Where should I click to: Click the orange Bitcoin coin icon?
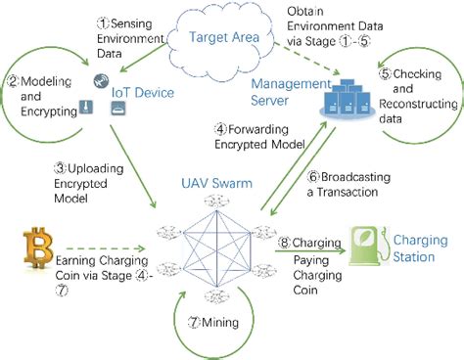(x=40, y=248)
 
